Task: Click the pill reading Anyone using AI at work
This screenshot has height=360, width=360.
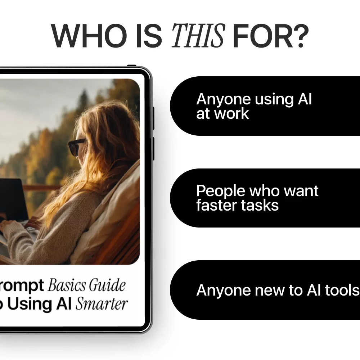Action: click(265, 106)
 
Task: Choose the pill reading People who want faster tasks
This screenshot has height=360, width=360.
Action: click(265, 198)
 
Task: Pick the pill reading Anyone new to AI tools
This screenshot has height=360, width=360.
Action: click(265, 290)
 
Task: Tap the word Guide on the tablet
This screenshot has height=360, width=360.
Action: click(108, 285)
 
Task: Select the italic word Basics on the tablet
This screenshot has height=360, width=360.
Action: click(67, 285)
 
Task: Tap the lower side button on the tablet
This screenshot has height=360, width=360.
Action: click(153, 148)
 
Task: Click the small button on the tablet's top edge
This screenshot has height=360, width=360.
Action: click(132, 66)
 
